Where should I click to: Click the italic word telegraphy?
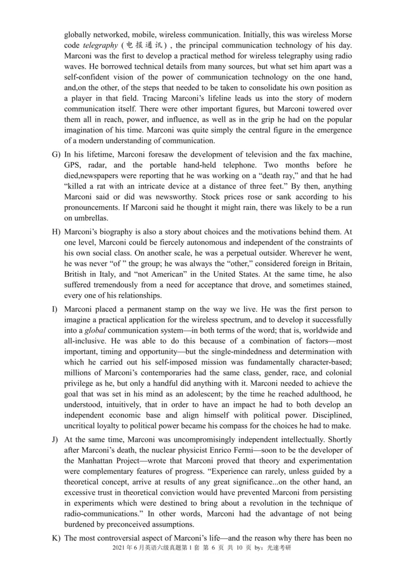click(x=100, y=47)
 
